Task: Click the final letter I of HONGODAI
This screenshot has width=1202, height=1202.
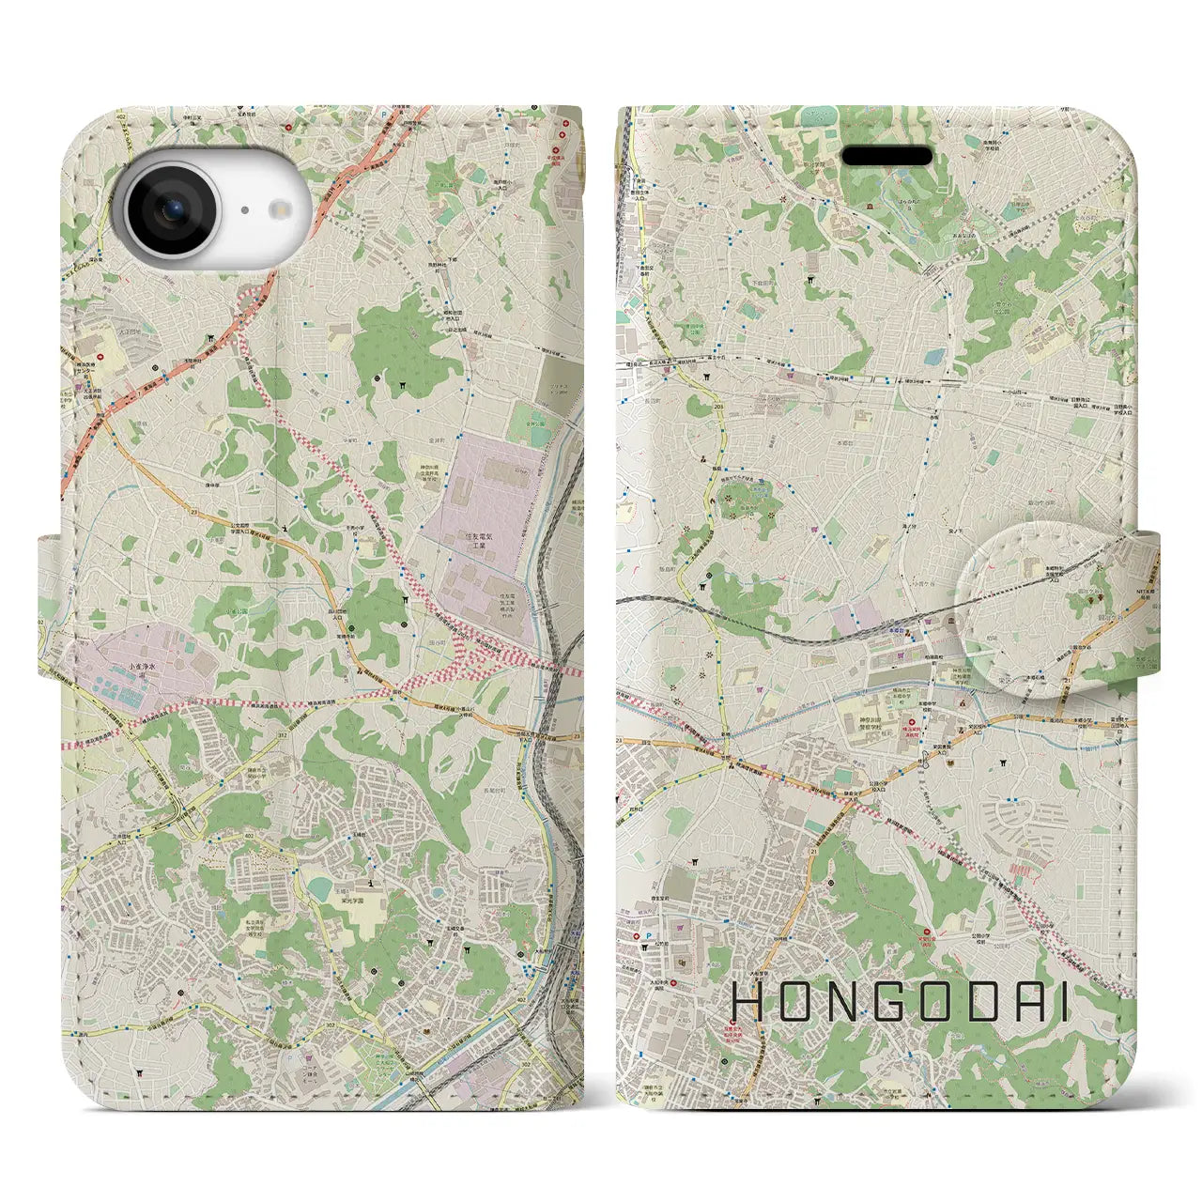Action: (1064, 1004)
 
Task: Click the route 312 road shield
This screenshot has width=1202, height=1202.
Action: (284, 738)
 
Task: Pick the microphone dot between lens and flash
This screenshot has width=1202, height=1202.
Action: (243, 211)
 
